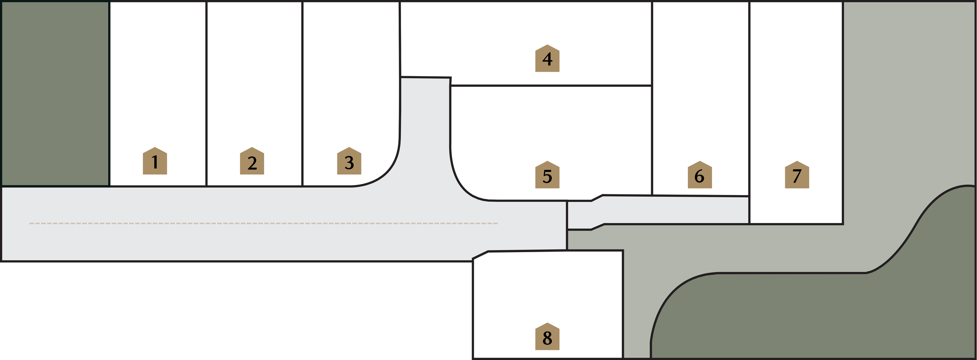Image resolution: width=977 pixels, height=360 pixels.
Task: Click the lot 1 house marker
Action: [x=155, y=161]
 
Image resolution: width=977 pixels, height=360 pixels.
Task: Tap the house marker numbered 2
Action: [x=252, y=161]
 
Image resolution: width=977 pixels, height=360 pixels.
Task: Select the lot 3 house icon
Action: [x=349, y=161]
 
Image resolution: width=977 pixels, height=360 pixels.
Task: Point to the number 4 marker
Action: [x=547, y=59]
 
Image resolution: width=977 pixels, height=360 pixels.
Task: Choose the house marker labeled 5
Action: [x=547, y=175]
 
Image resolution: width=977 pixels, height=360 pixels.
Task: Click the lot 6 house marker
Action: [x=700, y=175]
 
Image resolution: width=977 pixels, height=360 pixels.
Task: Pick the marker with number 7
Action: [x=797, y=175]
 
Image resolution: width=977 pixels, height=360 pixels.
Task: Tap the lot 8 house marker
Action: [x=547, y=337]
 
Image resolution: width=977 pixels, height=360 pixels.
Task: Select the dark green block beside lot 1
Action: [x=55, y=94]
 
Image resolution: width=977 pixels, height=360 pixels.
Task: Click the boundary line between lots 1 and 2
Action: [x=206, y=94]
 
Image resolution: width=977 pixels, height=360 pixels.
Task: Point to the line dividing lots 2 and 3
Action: [x=302, y=94]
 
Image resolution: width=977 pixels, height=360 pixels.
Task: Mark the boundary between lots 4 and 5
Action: [x=551, y=86]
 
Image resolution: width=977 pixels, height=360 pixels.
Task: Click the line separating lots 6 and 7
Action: [x=749, y=98]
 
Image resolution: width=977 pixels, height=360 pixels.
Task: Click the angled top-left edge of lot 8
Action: [x=480, y=255]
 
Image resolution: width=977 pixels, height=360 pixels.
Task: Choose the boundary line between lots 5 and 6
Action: [x=652, y=141]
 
